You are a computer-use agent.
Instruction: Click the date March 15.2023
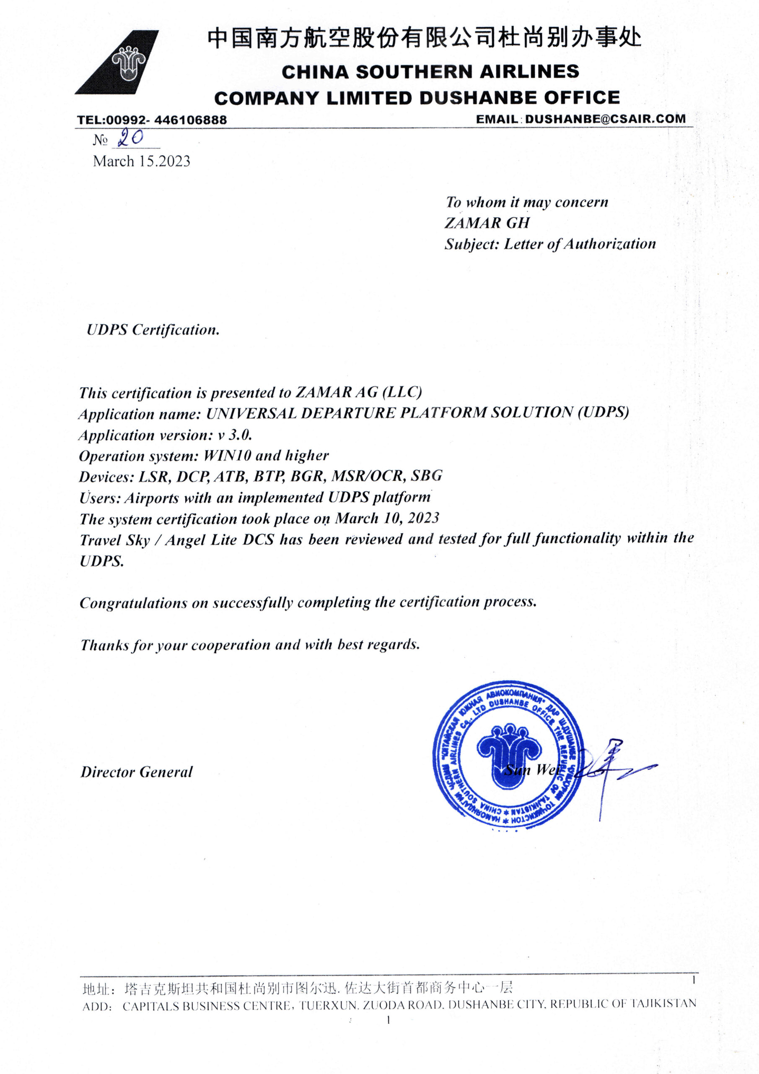142,162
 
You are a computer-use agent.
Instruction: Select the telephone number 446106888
190,120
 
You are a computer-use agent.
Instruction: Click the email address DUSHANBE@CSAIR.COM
605,119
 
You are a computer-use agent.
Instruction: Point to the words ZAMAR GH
487,223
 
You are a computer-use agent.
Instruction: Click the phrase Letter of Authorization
580,244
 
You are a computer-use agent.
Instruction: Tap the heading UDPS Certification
153,330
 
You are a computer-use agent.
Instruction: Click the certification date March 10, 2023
387,518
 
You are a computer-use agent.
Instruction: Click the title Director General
137,772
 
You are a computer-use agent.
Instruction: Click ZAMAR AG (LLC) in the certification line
358,392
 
